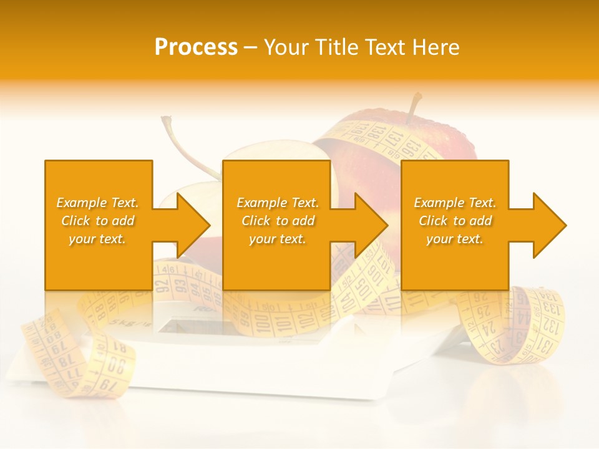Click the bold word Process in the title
pyautogui.click(x=196, y=47)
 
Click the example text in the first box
pyautogui.click(x=97, y=221)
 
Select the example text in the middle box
pyautogui.click(x=277, y=221)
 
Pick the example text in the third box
pyautogui.click(x=455, y=221)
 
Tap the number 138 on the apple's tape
pyautogui.click(x=376, y=131)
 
